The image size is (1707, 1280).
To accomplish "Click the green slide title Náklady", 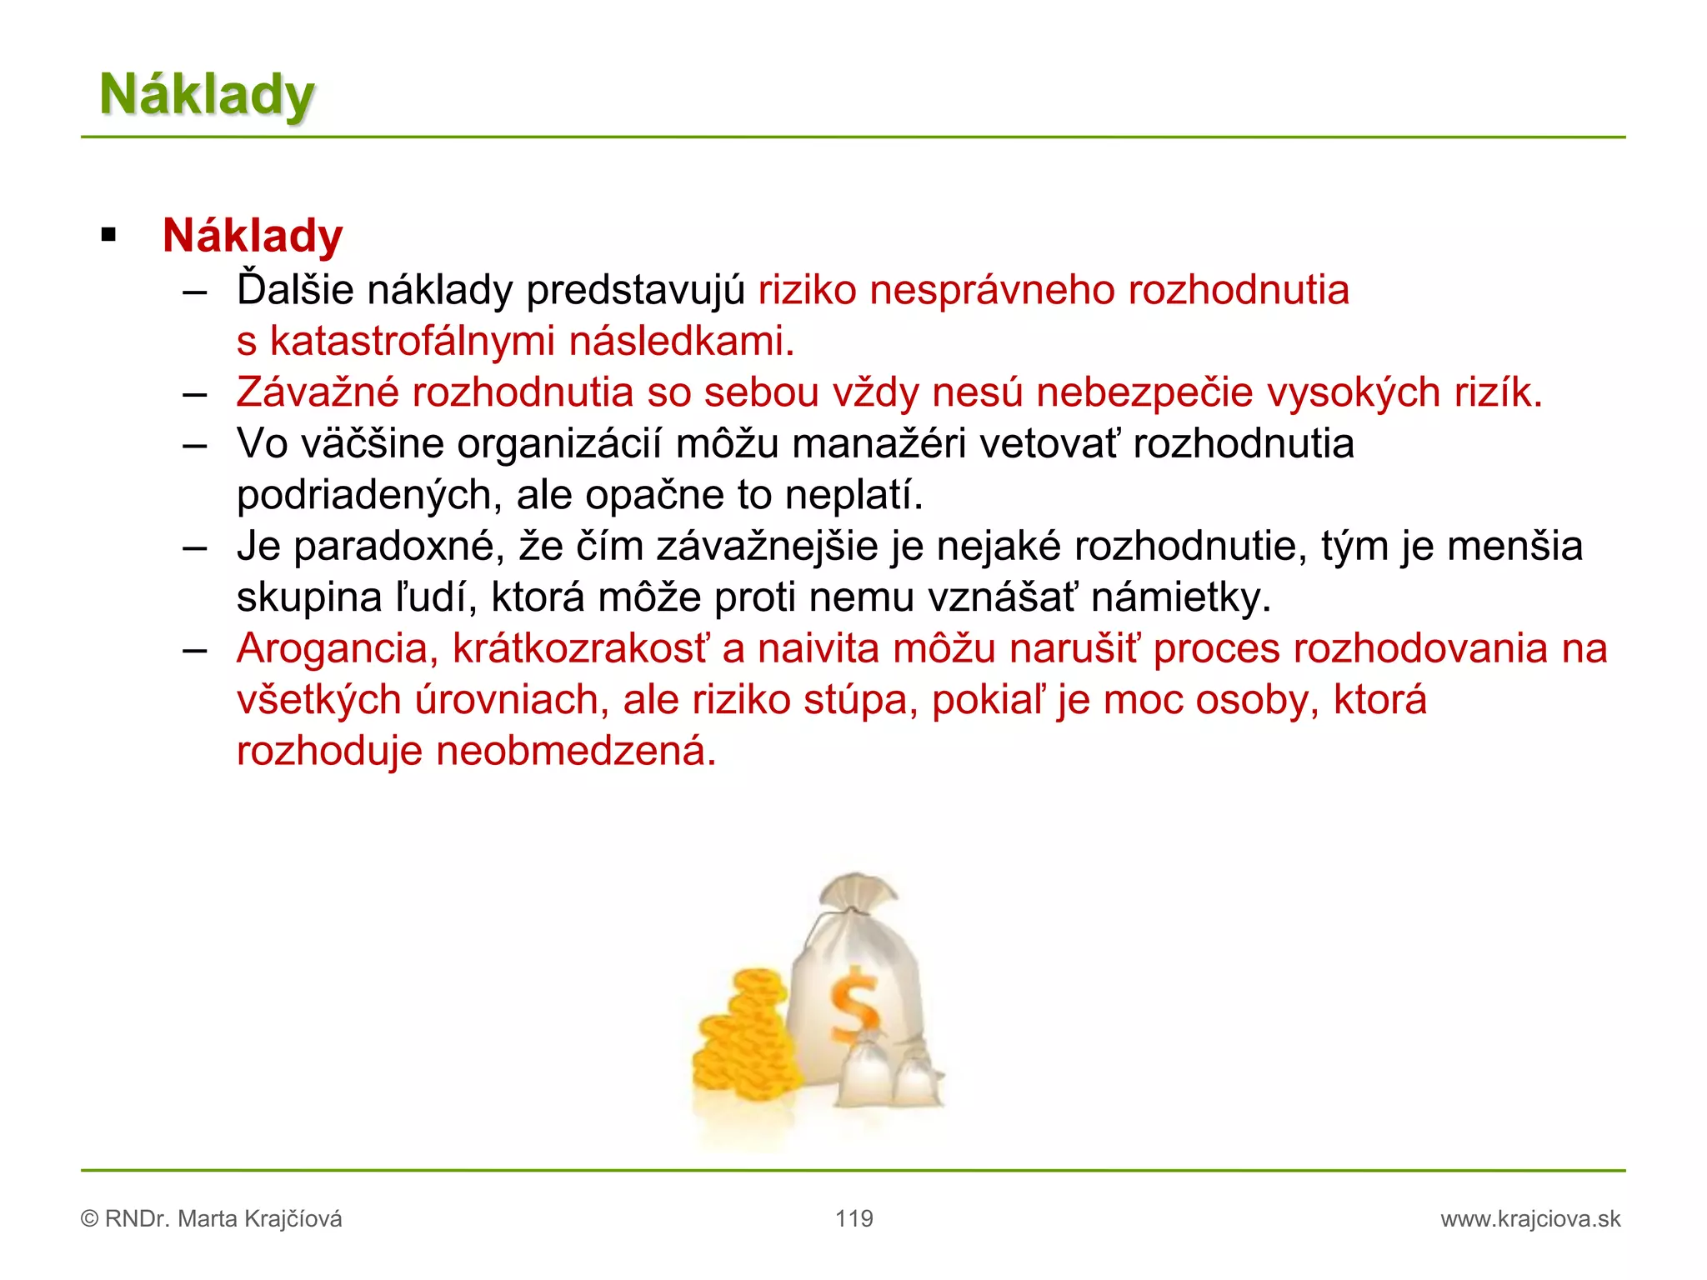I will (207, 94).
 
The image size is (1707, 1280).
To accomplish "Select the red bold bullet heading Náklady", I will (253, 236).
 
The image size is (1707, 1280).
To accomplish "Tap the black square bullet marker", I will (108, 235).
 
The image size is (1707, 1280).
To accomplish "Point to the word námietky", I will (1181, 598).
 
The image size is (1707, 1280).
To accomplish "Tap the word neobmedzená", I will (576, 752).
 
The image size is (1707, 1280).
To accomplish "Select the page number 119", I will (854, 1219).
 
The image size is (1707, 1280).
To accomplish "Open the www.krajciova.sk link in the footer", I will (1530, 1219).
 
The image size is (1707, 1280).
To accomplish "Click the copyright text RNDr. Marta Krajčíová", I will (223, 1219).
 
